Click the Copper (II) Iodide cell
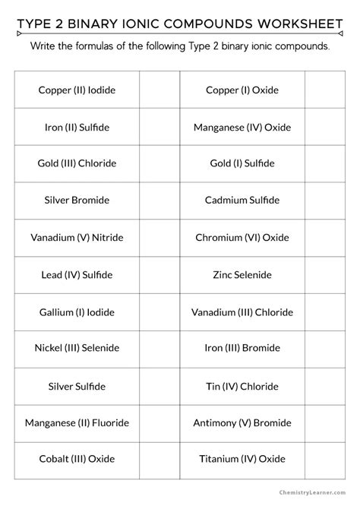point(77,90)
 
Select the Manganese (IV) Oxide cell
point(242,127)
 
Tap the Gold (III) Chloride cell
point(77,163)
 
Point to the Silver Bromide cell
point(77,201)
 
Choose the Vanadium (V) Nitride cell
point(77,238)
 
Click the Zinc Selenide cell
point(242,274)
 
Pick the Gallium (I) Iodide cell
point(77,311)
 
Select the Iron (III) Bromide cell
point(242,348)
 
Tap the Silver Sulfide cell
point(77,386)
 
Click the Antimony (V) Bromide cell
point(242,422)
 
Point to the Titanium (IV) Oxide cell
point(242,459)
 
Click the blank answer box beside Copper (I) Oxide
point(325,90)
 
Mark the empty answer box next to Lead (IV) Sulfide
point(159,274)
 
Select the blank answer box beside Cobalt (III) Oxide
point(159,459)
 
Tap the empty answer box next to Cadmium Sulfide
point(325,201)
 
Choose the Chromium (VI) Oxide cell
point(242,238)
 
